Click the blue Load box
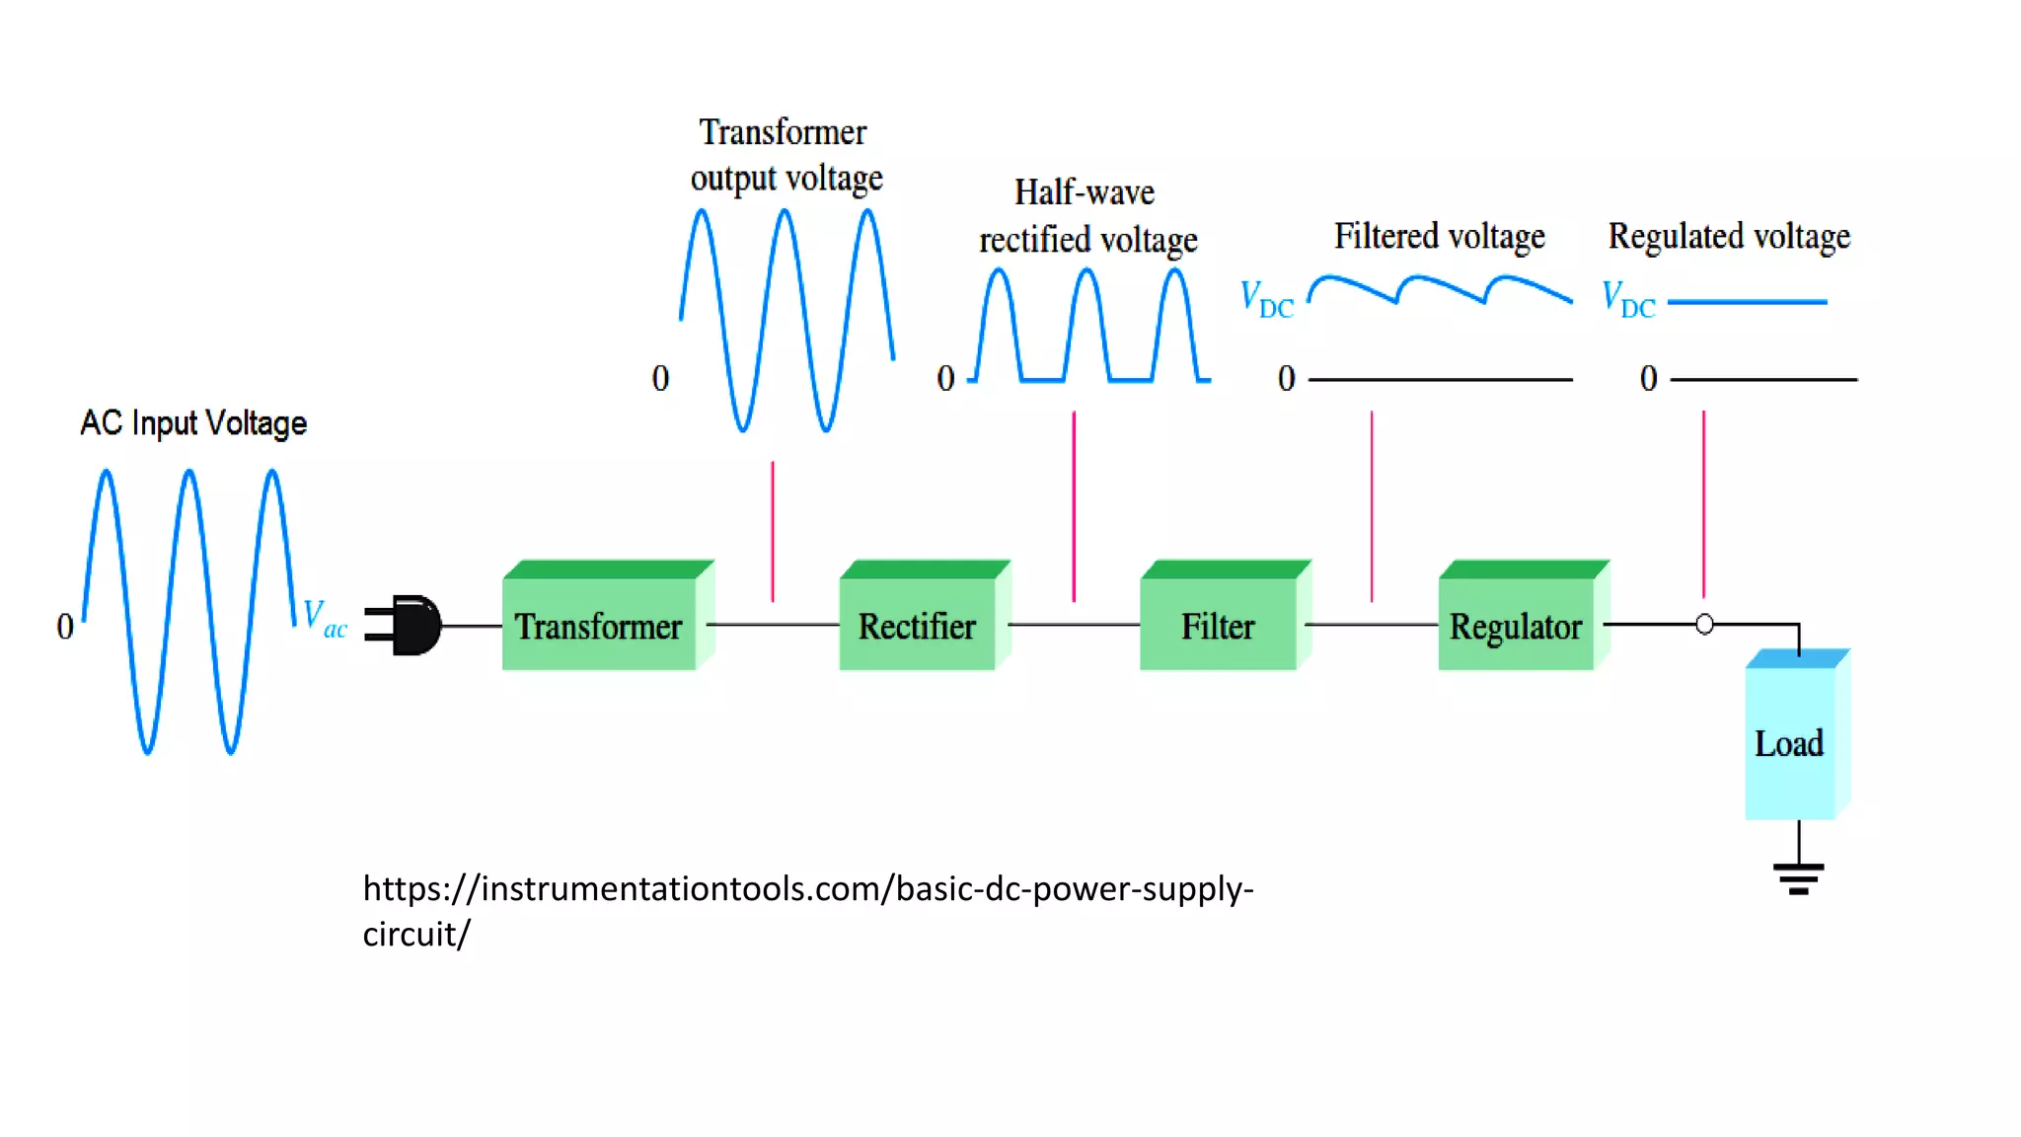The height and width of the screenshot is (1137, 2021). [1789, 742]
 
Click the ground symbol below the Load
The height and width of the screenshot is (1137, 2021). [1798, 876]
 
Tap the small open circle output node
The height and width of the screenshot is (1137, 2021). [1704, 624]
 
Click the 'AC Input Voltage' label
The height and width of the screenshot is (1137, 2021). [193, 423]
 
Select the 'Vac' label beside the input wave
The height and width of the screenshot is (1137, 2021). [325, 618]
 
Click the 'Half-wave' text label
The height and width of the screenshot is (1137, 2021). [1085, 192]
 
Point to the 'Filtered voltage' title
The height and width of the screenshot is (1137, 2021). [1439, 237]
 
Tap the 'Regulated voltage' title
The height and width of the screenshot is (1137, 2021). [1729, 237]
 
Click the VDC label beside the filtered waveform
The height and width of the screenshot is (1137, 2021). [1267, 299]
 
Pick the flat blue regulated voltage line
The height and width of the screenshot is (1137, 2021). [1747, 302]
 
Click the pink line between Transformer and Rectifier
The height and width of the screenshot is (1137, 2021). [773, 531]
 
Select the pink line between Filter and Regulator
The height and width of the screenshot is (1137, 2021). [1372, 505]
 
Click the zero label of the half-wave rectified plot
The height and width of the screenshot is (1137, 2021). [945, 378]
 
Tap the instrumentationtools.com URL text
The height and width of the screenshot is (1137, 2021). [807, 889]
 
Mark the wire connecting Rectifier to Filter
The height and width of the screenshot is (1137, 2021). [1074, 624]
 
